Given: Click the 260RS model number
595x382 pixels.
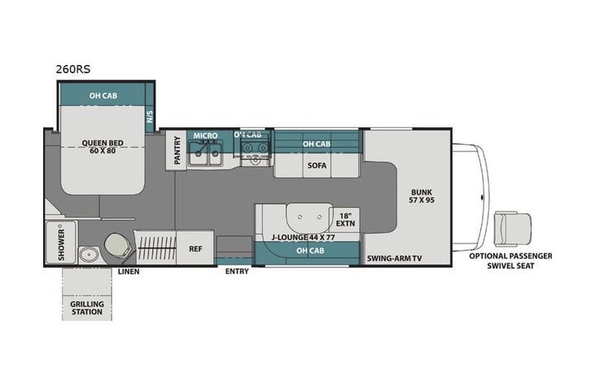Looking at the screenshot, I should (x=73, y=69).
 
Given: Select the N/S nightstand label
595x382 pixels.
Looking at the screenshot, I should (x=149, y=116).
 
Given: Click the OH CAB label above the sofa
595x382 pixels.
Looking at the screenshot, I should (x=317, y=144).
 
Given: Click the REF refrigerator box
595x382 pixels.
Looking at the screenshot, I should (x=195, y=248).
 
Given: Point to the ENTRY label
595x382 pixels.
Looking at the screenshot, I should (x=236, y=272).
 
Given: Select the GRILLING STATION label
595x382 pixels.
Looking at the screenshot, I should (x=87, y=307).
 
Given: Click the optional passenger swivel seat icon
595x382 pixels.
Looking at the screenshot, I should (x=513, y=227).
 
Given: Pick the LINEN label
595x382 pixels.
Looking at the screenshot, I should (x=129, y=271).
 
